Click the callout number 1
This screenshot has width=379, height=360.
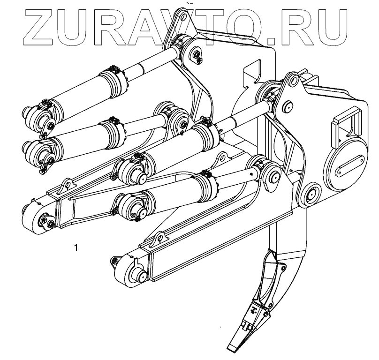(76, 247)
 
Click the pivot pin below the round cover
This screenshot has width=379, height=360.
(310, 195)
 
